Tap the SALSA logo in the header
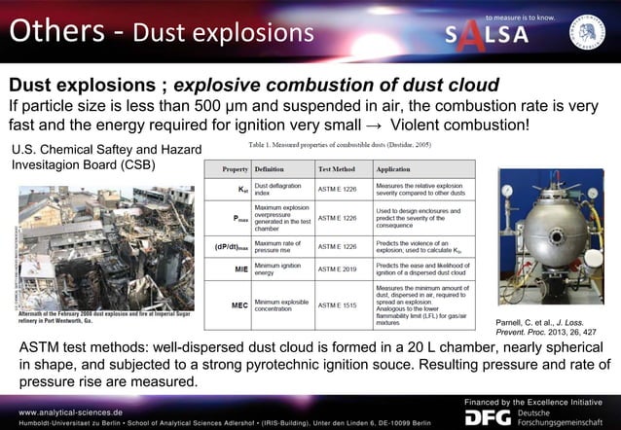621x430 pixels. coord(487,34)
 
